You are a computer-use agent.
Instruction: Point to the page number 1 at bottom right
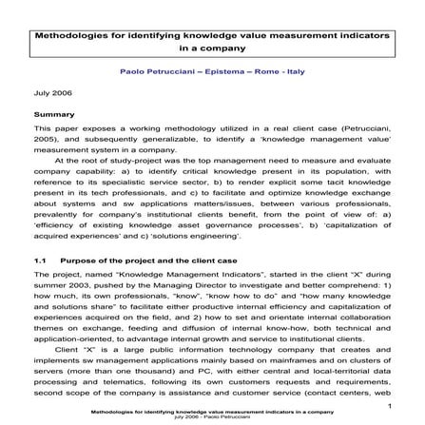click(385, 396)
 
